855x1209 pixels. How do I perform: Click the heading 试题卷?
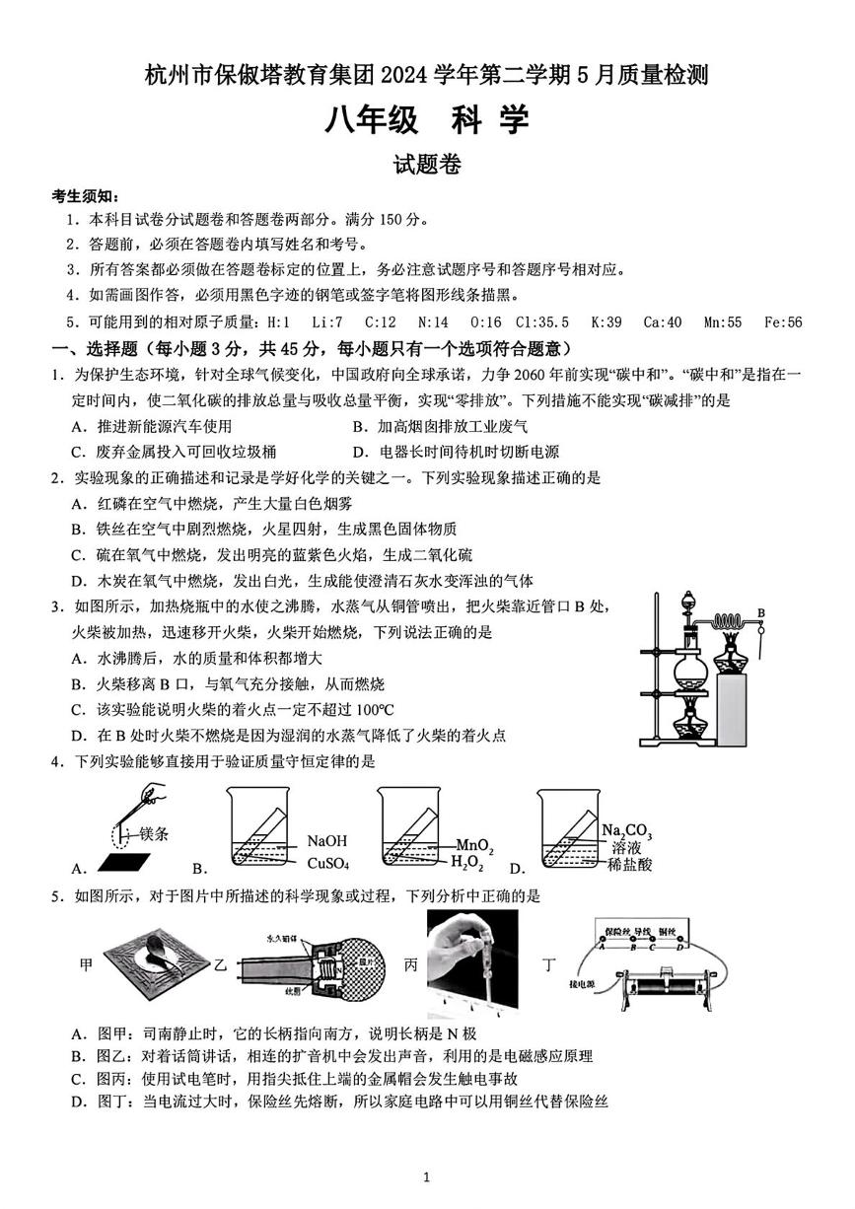tap(427, 166)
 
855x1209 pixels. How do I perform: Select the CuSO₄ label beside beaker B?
tap(328, 864)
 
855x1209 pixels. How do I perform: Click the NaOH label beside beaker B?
tap(327, 841)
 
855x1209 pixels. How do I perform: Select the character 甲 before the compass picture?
tap(86, 965)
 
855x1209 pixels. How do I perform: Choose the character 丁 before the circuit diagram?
tap(549, 965)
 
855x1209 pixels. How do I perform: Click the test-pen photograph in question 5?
tap(472, 962)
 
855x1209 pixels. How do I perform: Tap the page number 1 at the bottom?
tap(426, 1176)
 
